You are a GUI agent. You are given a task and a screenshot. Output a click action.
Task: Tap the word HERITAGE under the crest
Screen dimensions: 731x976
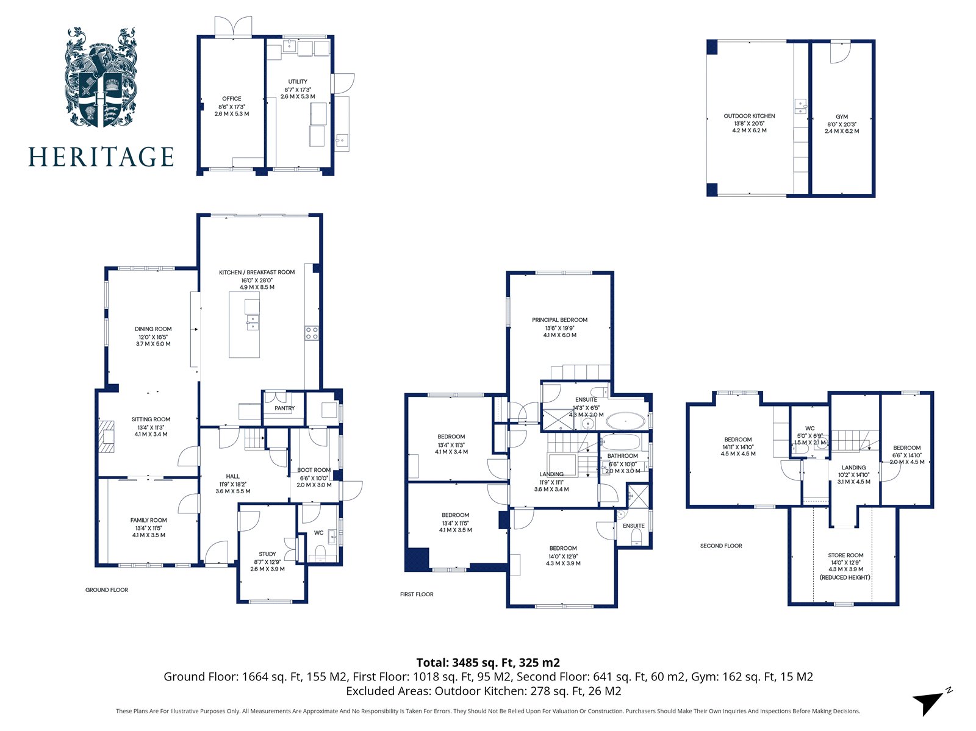tap(101, 157)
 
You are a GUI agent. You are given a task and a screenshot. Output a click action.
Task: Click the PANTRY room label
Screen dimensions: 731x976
tap(284, 408)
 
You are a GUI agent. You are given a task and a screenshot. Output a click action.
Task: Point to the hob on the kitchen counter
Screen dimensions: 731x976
tap(311, 333)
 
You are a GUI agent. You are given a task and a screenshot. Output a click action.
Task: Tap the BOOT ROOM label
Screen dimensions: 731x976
tap(314, 470)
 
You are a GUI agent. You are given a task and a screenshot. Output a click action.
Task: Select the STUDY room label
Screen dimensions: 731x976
tap(267, 554)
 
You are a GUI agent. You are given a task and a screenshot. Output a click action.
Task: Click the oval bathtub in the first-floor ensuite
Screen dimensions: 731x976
tap(624, 421)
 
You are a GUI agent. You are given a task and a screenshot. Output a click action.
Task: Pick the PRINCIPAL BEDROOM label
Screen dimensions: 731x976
tap(559, 319)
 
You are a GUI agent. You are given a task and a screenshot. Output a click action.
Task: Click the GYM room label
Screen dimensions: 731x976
tap(842, 116)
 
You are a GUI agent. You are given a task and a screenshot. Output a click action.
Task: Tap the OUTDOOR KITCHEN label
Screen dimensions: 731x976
tap(749, 116)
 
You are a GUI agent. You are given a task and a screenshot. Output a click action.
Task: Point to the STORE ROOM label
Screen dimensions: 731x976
tap(845, 555)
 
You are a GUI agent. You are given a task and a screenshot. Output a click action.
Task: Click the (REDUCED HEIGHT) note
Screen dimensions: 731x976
tap(845, 577)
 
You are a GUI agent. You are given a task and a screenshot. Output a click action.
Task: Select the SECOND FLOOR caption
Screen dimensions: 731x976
tap(721, 546)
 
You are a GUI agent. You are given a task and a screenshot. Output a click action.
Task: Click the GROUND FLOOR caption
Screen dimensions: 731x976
tap(107, 590)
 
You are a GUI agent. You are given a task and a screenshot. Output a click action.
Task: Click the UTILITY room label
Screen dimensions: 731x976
tap(298, 82)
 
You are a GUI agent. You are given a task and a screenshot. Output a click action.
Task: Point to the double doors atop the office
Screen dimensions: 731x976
tap(233, 27)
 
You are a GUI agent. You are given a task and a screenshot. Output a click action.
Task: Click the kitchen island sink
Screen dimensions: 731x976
tap(252, 322)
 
